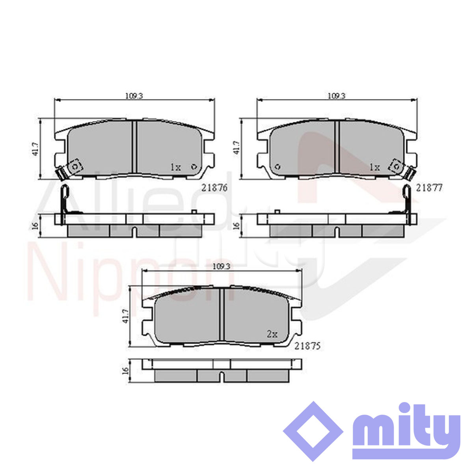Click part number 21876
click(x=214, y=188)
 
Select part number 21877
click(x=429, y=188)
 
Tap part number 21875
click(x=307, y=346)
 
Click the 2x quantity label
click(x=272, y=334)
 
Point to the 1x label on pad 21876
click(x=176, y=168)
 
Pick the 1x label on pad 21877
click(x=375, y=168)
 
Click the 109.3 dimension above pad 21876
click(x=134, y=96)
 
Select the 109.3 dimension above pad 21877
click(x=337, y=96)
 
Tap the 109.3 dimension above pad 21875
click(x=221, y=266)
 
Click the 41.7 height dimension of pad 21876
click(x=35, y=149)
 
